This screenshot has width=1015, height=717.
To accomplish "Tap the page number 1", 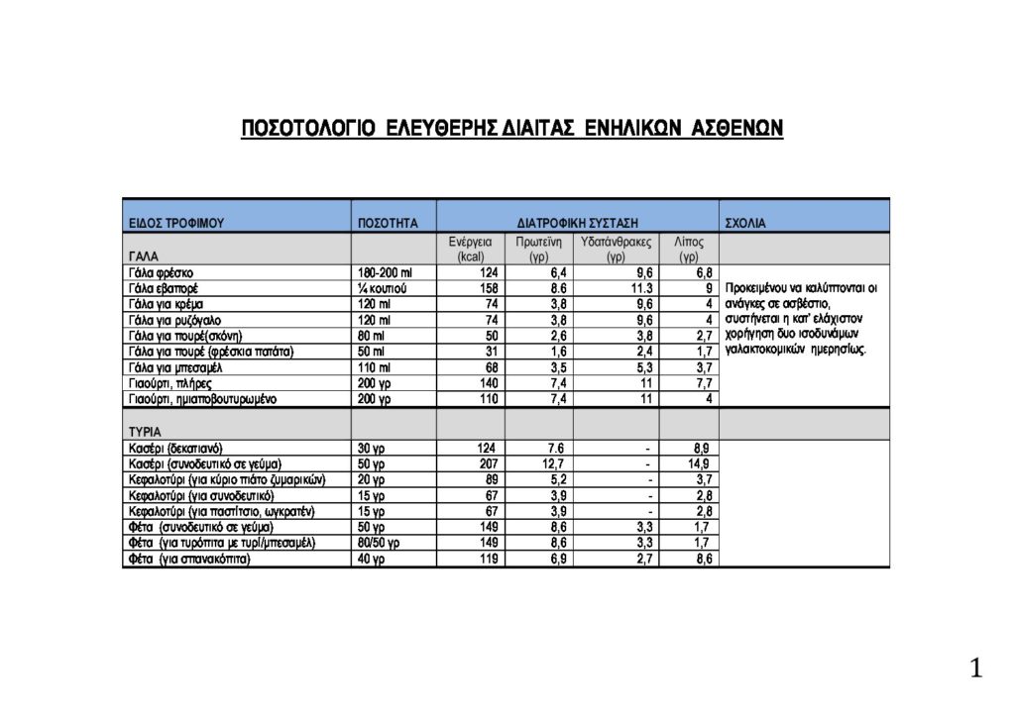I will point(976,669).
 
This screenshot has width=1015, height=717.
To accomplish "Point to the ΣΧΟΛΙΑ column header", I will point(746,224).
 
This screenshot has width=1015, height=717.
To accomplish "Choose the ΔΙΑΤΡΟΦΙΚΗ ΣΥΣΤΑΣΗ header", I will point(577,224).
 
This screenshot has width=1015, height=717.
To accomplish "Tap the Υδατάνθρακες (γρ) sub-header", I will point(616,249).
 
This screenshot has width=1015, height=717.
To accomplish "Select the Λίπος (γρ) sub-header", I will point(689,249).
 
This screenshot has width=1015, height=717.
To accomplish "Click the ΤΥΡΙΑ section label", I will point(146,433).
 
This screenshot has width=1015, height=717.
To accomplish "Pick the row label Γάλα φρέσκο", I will point(161,272).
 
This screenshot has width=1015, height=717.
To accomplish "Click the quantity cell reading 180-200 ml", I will point(384,272).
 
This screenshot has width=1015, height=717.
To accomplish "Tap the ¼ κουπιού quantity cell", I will point(382,288).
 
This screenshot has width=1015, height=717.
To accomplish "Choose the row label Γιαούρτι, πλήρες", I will point(169,383).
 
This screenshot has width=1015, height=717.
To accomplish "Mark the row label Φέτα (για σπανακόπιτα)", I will point(188,560).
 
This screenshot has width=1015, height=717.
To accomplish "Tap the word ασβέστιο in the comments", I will point(807,303).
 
